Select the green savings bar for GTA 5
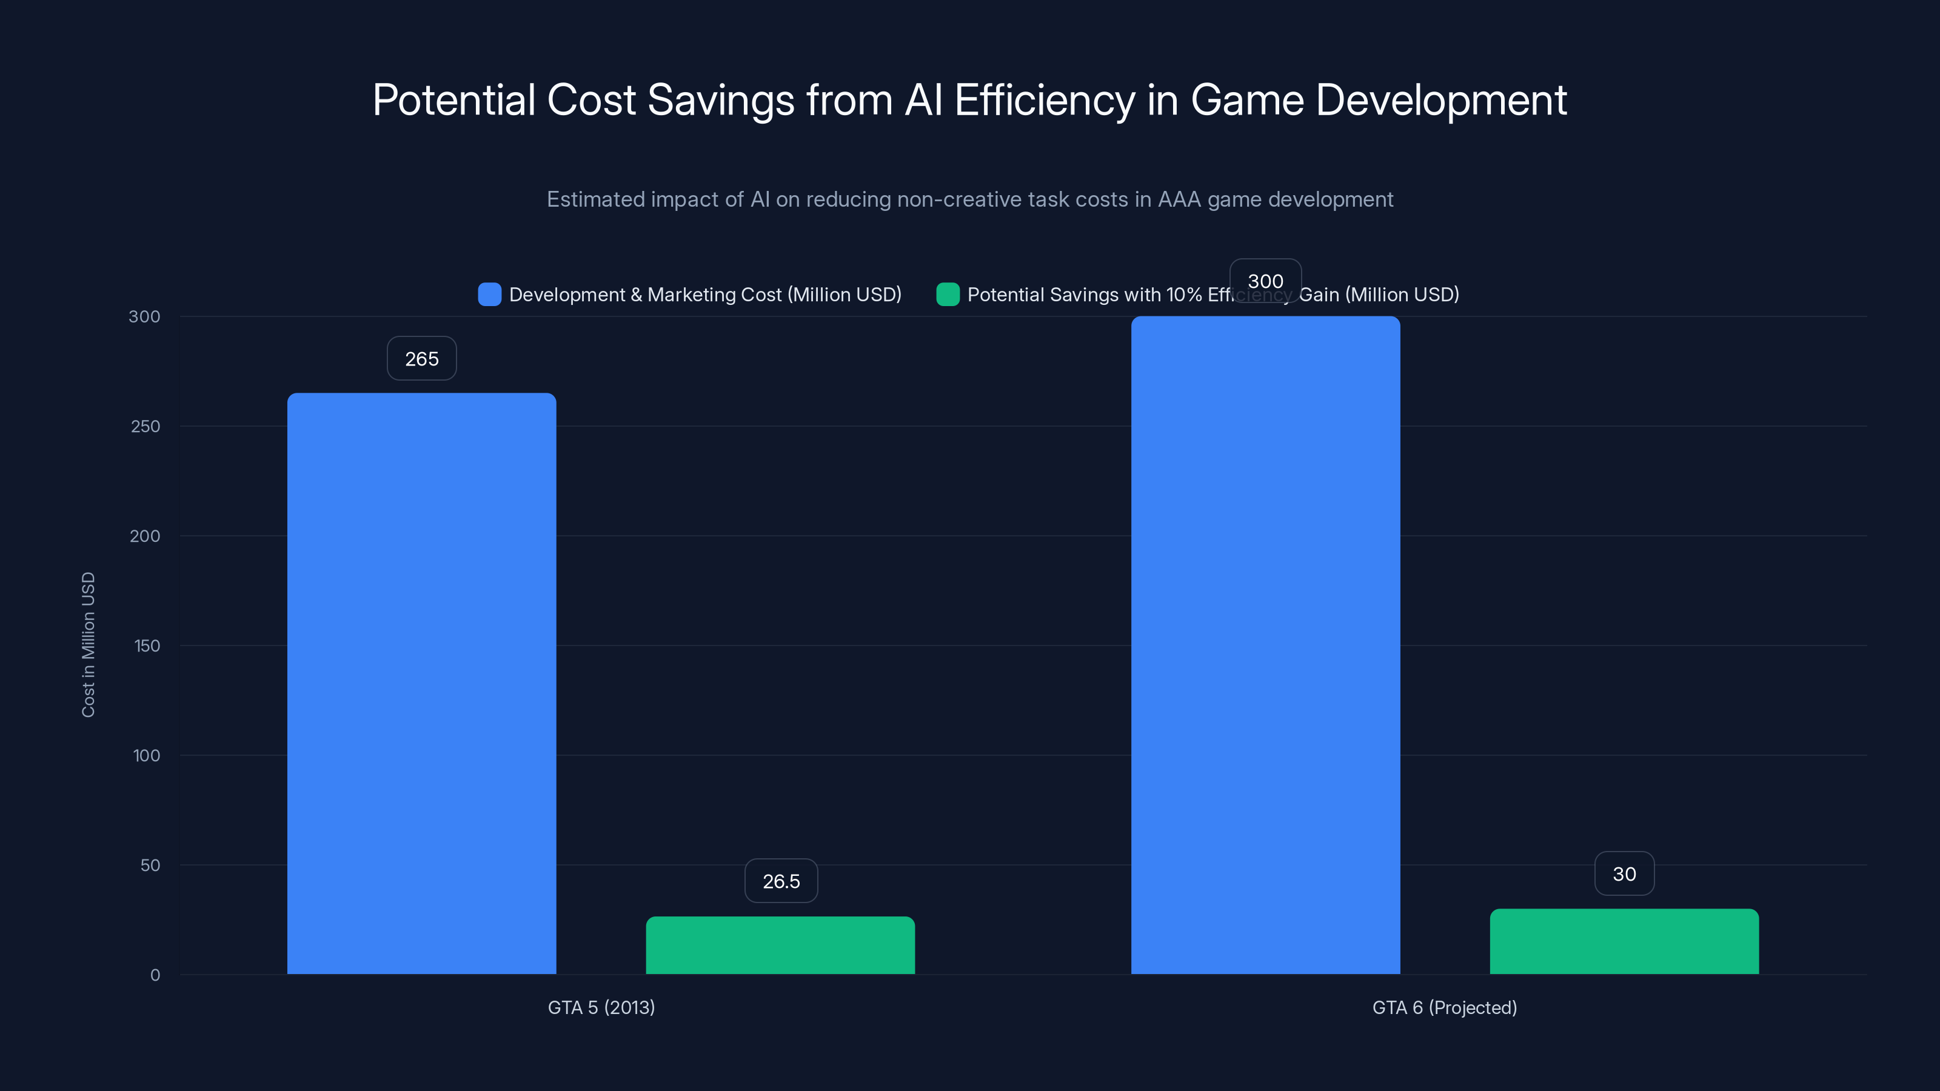[780, 945]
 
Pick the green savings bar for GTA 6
[1624, 941]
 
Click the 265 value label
[422, 358]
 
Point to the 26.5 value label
[781, 881]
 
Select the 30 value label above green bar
[1624, 873]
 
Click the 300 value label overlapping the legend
[1265, 281]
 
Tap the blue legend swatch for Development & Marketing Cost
[489, 295]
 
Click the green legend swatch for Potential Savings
[948, 295]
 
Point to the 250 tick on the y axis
[145, 426]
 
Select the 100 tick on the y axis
[146, 755]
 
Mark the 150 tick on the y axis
[146, 646]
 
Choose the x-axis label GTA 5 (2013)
[601, 1007]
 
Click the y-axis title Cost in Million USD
[88, 644]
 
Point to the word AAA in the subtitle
[1179, 199]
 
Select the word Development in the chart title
[1440, 99]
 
